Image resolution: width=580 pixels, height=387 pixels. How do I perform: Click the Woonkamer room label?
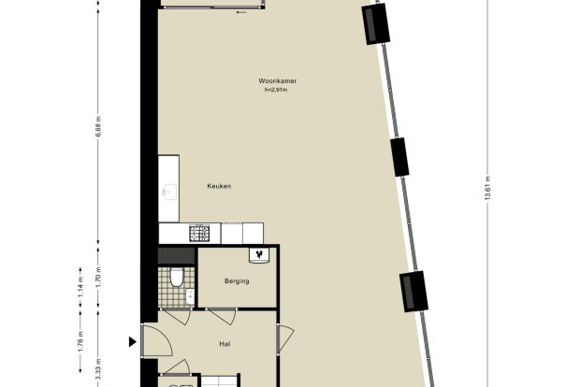(x=278, y=81)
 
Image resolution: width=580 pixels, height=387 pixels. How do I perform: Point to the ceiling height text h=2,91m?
(x=276, y=90)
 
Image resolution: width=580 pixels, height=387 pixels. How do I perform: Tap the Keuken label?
(x=219, y=186)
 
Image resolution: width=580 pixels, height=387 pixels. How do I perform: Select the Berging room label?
(x=237, y=281)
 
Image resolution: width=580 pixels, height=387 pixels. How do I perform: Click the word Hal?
(x=225, y=344)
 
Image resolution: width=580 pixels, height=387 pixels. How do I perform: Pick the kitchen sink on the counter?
(x=169, y=193)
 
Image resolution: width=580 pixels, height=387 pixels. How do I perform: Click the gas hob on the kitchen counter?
(x=199, y=234)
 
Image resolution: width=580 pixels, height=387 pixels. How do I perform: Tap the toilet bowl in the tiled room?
(x=177, y=277)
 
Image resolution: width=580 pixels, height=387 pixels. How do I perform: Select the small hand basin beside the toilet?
(x=190, y=296)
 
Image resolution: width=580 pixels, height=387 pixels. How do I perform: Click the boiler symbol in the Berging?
(x=260, y=255)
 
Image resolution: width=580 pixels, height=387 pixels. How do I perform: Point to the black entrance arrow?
(x=133, y=342)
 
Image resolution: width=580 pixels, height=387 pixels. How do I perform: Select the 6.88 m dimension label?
(x=98, y=127)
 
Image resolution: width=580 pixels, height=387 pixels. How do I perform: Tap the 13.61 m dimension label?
(x=487, y=188)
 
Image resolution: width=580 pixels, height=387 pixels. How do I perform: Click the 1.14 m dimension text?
(x=80, y=286)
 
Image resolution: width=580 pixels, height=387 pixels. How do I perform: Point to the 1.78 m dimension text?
(x=80, y=341)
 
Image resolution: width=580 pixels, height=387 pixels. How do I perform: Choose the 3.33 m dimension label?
(x=98, y=369)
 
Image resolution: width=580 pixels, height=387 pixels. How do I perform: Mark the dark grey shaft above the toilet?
(x=177, y=256)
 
